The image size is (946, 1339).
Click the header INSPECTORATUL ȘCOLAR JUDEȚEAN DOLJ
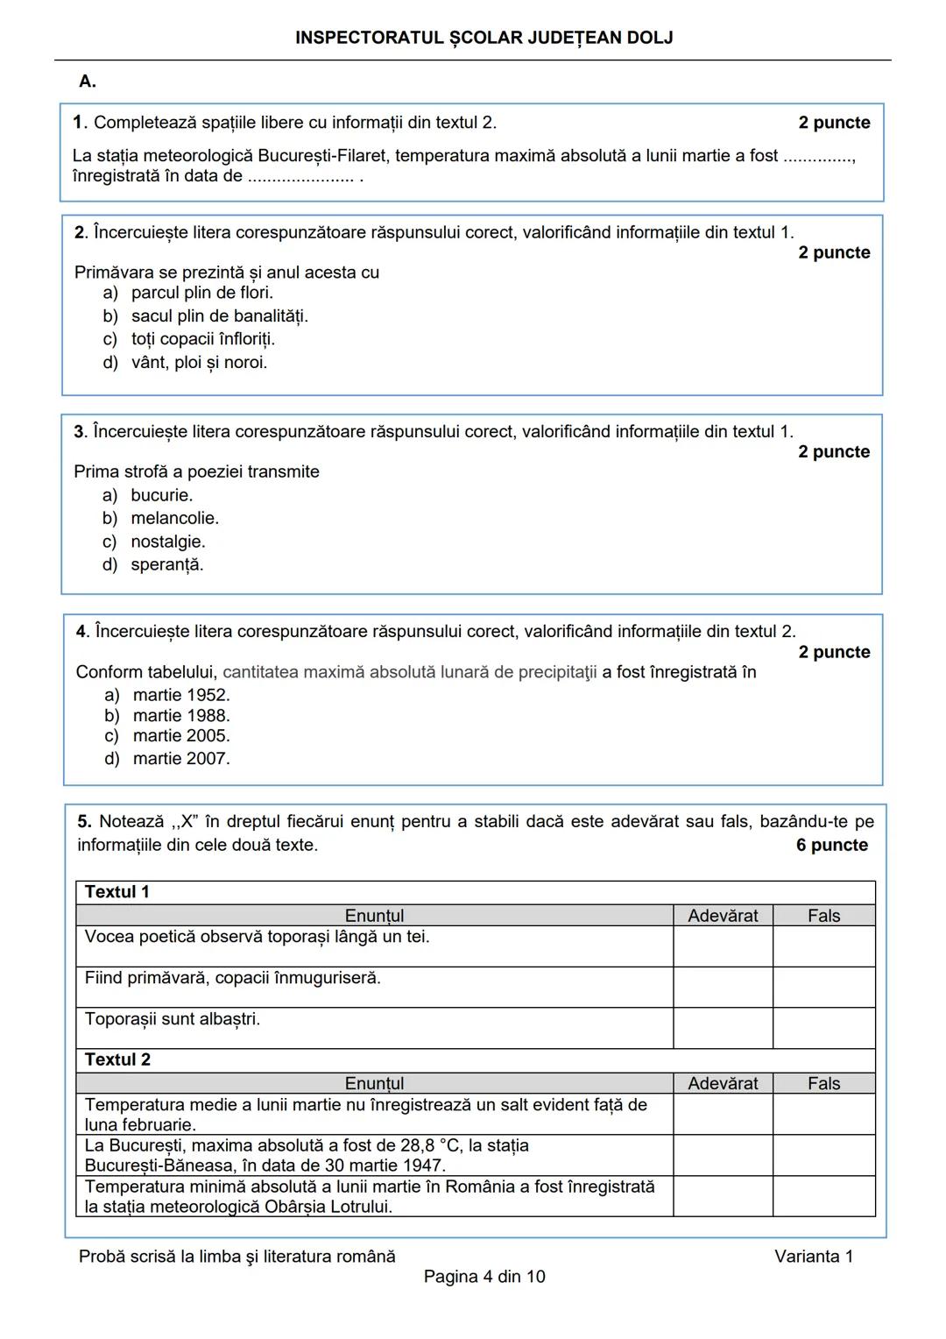484,38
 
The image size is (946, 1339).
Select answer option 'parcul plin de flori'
201,293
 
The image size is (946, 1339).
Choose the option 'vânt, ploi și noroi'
199,362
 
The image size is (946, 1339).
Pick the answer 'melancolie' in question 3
174,518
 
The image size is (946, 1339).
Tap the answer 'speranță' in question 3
166,564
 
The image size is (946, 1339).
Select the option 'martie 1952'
180,695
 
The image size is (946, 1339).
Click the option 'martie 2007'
180,758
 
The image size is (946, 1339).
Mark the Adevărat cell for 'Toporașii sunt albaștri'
723,1028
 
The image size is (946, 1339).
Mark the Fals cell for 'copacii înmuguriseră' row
823,987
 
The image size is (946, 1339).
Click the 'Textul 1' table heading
117,892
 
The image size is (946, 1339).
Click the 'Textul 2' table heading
117,1059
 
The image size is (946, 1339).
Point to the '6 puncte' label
831,845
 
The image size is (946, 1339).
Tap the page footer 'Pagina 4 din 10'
484,1276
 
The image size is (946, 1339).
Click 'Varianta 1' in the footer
813,1256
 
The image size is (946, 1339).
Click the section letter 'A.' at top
88,81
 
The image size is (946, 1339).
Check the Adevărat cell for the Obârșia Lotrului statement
723,1196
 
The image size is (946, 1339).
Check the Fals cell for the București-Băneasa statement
823,1155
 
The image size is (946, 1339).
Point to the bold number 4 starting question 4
81,631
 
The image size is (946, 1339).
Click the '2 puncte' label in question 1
834,123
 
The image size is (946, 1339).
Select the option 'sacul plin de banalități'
219,315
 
